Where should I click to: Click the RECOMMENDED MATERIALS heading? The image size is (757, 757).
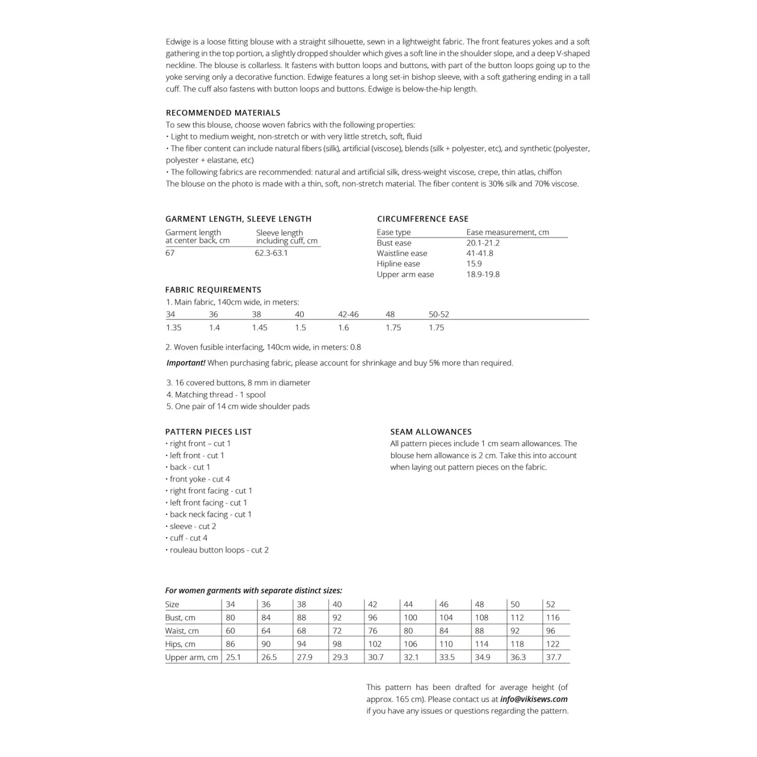[x=223, y=113]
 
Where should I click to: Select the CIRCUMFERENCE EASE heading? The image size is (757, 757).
[x=422, y=219]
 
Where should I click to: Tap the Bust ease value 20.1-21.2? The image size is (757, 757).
[x=483, y=243]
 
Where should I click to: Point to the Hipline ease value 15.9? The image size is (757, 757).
[x=474, y=264]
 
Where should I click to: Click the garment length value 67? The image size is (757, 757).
[x=170, y=253]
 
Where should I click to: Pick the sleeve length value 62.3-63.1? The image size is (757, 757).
[x=272, y=253]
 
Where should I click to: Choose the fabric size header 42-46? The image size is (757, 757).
[x=348, y=314]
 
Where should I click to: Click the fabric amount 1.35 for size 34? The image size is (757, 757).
[x=174, y=328]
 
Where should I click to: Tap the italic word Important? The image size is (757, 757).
[x=186, y=363]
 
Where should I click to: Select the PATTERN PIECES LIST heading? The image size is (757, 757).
[x=208, y=432]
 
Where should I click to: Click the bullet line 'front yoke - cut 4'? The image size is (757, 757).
[x=200, y=479]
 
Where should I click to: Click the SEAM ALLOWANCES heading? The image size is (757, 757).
[x=431, y=432]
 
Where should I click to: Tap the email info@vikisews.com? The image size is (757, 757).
[x=534, y=699]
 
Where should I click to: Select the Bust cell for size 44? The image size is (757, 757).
[x=410, y=618]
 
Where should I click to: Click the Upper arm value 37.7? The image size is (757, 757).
[x=554, y=658]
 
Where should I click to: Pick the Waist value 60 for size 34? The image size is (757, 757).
[x=230, y=631]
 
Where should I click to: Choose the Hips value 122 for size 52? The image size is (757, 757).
[x=553, y=644]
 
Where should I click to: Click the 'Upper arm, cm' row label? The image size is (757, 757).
[x=191, y=658]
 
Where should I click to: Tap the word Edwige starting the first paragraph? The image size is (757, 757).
[x=178, y=42]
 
